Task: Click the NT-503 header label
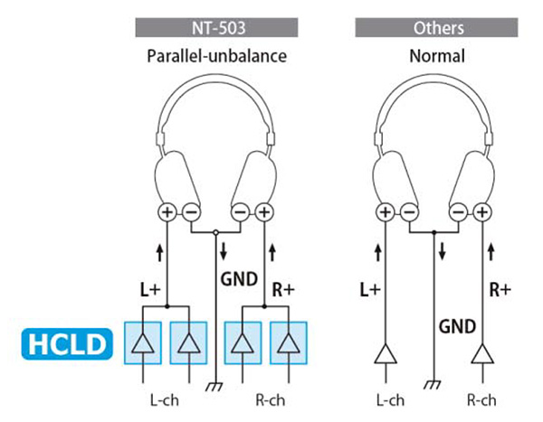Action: [217, 28]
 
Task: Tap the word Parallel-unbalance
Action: [217, 56]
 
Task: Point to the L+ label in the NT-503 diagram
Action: [150, 290]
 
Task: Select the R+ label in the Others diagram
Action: [500, 290]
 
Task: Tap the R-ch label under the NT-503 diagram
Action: [264, 397]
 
